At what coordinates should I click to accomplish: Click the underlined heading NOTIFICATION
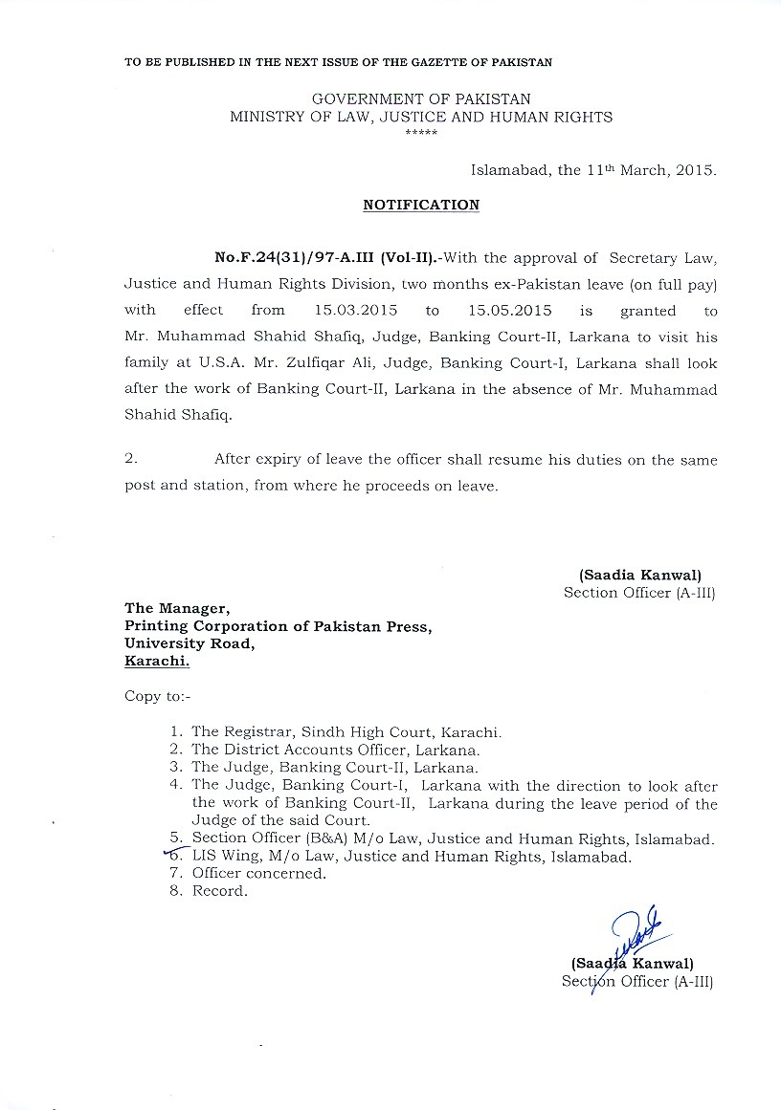[421, 205]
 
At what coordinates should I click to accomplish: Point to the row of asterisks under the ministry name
[421, 131]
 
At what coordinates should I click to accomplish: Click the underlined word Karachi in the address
[157, 661]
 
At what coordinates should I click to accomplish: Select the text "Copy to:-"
[158, 695]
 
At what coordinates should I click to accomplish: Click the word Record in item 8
[219, 891]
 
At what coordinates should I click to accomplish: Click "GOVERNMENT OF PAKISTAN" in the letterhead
[421, 98]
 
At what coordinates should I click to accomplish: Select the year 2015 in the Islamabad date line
[695, 171]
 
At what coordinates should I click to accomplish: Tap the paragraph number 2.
[130, 460]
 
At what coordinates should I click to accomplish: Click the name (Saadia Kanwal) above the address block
[639, 576]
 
